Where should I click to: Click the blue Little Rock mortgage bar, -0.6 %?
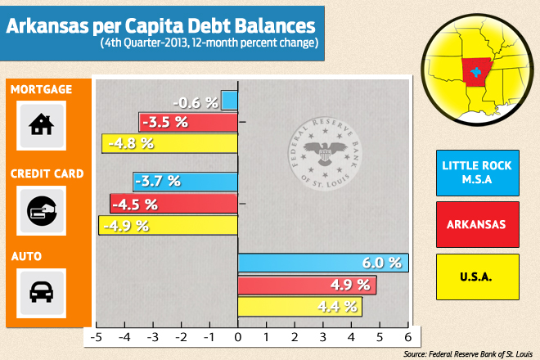click(229, 101)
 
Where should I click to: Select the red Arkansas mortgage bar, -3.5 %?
click(188, 122)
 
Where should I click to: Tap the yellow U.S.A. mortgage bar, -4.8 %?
click(170, 142)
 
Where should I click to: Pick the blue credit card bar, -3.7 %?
click(185, 181)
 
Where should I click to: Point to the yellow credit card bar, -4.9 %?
click(168, 224)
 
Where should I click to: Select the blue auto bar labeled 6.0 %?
click(322, 263)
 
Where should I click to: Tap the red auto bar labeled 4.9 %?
click(307, 285)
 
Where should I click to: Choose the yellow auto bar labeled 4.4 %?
click(299, 307)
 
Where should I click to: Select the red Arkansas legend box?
click(477, 223)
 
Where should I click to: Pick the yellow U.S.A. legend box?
click(477, 277)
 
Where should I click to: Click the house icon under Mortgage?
click(39, 125)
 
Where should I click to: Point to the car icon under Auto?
click(39, 292)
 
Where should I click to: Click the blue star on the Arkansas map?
click(477, 72)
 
